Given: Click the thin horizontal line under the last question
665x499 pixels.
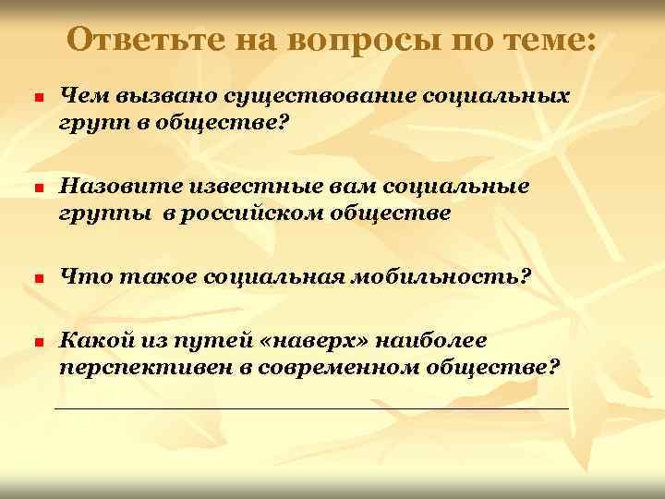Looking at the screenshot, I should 312,408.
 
